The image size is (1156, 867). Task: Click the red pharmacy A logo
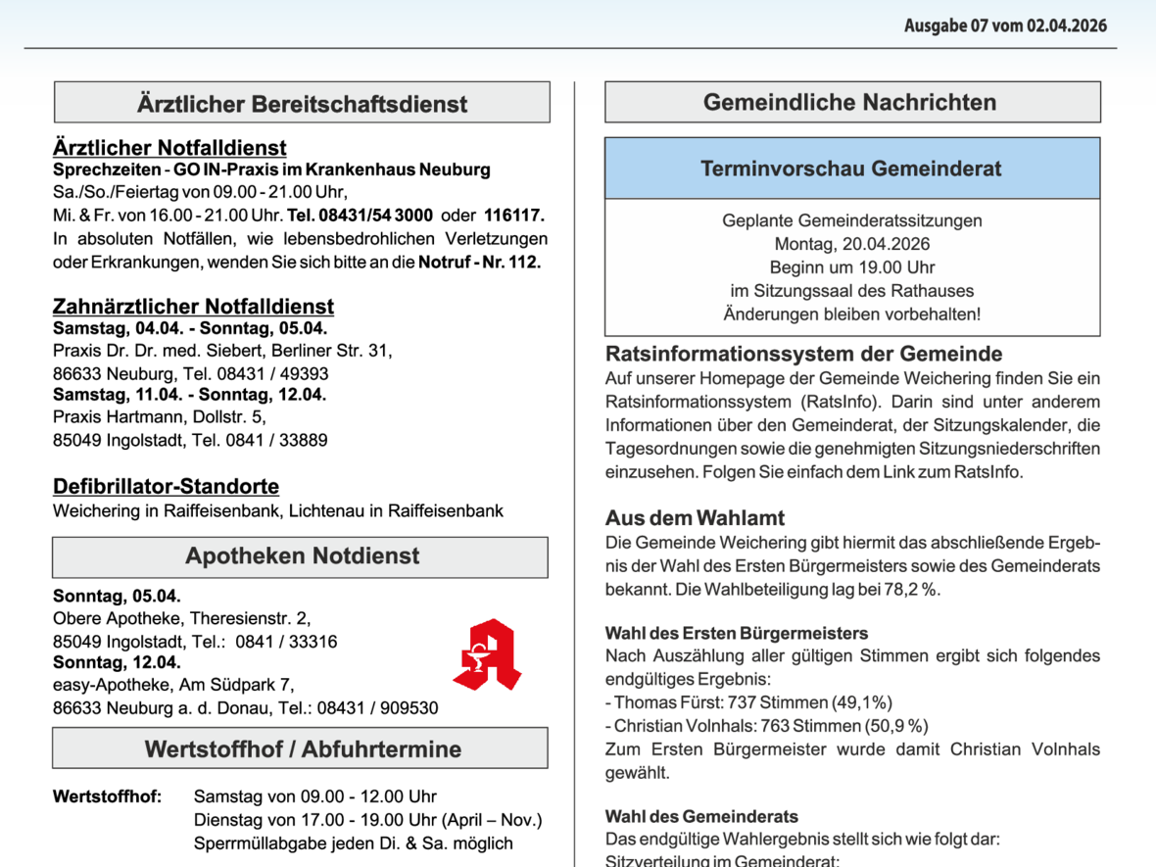(487, 654)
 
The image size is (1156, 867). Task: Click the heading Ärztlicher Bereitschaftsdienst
(302, 104)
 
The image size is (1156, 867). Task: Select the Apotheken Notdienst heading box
(301, 556)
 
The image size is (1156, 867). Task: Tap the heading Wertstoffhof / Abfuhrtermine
(302, 749)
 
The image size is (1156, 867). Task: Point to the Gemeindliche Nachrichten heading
(850, 102)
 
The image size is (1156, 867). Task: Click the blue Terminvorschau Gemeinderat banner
(851, 169)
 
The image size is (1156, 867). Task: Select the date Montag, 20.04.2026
(851, 244)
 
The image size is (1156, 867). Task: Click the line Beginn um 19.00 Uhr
(851, 267)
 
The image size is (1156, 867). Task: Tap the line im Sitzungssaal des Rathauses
(851, 291)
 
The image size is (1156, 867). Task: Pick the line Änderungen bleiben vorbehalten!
(851, 314)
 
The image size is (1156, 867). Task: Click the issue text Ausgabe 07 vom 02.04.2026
(1005, 25)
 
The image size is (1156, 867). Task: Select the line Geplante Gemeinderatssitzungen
(851, 220)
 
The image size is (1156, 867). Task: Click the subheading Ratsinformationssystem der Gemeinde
(803, 354)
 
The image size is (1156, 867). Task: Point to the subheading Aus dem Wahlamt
(695, 518)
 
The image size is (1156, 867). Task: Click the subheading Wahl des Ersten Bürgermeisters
(736, 634)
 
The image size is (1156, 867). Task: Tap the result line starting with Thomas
(748, 702)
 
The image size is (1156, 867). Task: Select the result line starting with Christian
(766, 726)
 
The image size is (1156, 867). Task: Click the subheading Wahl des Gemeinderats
(700, 816)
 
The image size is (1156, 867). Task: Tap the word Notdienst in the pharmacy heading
(364, 556)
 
